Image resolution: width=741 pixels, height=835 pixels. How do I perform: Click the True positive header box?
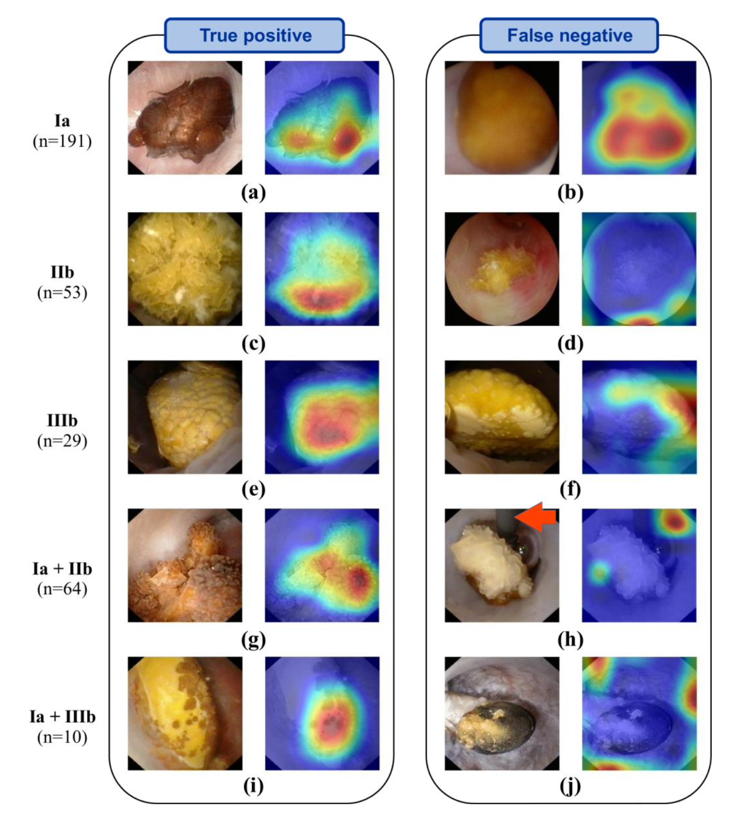point(254,36)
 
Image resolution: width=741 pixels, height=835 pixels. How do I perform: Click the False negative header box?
point(569,36)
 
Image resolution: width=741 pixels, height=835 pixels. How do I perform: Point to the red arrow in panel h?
point(537,517)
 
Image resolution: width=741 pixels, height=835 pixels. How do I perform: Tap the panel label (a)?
point(253,192)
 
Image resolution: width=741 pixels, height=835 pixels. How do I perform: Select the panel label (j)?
point(570,785)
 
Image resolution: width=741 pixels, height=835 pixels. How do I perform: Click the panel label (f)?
point(570,489)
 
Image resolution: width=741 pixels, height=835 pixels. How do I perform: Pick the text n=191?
point(62,141)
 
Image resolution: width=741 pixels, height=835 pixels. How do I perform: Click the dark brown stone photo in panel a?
point(185,118)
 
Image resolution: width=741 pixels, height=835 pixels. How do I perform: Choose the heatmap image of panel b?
point(639,118)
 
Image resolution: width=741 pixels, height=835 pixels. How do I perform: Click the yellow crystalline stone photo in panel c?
point(185,269)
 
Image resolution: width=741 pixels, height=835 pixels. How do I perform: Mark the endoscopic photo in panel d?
point(502,269)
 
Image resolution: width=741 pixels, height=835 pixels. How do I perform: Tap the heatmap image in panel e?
point(322,417)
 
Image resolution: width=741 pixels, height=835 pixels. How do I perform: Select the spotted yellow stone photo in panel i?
point(185,713)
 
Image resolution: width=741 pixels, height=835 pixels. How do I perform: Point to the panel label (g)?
point(253,639)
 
